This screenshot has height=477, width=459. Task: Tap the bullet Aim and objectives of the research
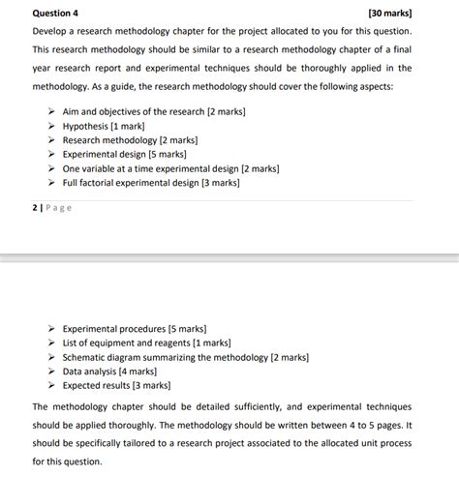(154, 112)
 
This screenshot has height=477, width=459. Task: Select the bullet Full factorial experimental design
(151, 182)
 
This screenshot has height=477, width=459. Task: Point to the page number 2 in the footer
(35, 207)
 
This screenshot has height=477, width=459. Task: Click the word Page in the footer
(57, 207)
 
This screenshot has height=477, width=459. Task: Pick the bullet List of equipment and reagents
(146, 343)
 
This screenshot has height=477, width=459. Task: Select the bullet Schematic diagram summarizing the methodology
(185, 357)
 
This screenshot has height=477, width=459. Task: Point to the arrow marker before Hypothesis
(52, 127)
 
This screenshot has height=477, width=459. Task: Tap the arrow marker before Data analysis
(52, 371)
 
